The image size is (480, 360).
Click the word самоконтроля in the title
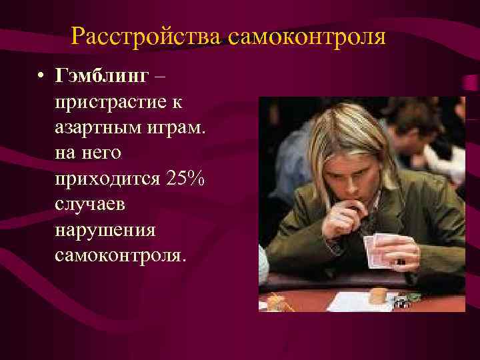(306, 35)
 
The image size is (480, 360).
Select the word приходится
(106, 179)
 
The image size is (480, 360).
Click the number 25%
(186, 178)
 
